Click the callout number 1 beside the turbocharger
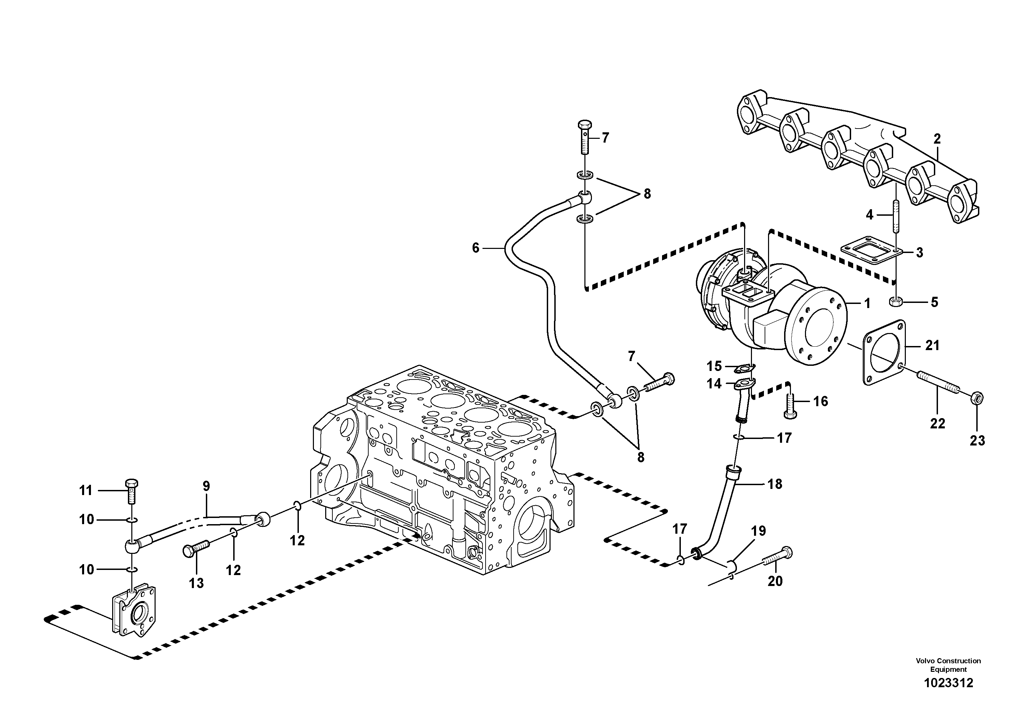click(867, 304)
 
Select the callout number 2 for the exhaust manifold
click(936, 139)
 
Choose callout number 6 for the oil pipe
click(476, 248)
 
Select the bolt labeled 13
click(195, 550)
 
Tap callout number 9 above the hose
click(206, 486)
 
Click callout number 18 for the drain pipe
click(775, 484)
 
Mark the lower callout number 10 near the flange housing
click(87, 570)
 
